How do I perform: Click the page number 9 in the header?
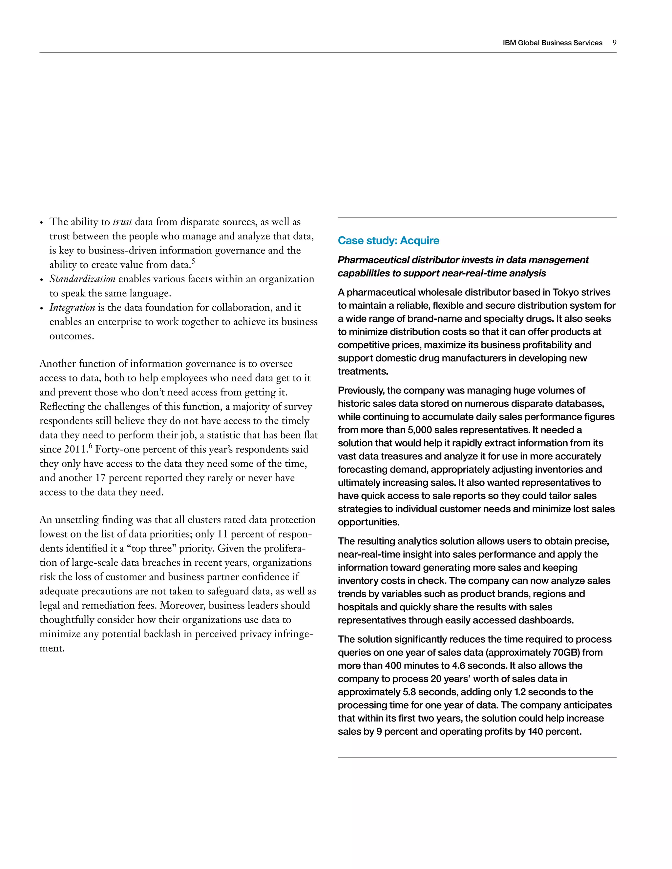pyautogui.click(x=614, y=43)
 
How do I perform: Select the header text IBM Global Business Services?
pyautogui.click(x=552, y=43)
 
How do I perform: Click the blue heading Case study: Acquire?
pyautogui.click(x=388, y=240)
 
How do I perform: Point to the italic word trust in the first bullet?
pyautogui.click(x=122, y=222)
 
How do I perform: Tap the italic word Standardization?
pyautogui.click(x=82, y=279)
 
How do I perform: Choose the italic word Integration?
pyautogui.click(x=72, y=308)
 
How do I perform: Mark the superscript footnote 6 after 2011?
pyautogui.click(x=90, y=446)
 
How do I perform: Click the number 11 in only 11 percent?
pyautogui.click(x=222, y=534)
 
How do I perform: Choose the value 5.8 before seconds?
pyautogui.click(x=409, y=692)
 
